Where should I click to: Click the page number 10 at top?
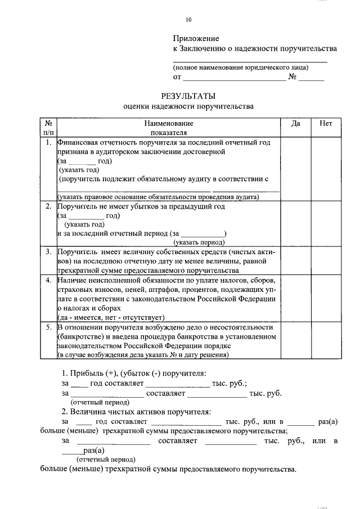[189, 20]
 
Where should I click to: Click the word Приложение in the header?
[195, 38]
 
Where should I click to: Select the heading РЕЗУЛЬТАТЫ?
[188, 96]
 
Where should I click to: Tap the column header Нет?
[325, 123]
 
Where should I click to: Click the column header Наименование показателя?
[168, 128]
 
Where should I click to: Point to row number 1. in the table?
[49, 143]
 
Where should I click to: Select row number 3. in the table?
[49, 251]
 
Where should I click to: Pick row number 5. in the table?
[49, 327]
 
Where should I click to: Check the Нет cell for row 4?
[325, 298]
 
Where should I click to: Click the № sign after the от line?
[292, 77]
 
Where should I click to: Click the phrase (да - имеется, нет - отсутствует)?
[110, 317]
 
